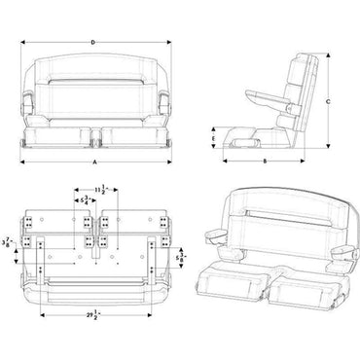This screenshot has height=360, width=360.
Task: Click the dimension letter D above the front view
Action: point(92,42)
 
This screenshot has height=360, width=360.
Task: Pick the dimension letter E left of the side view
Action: point(214,138)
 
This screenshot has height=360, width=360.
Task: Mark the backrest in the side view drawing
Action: point(305,83)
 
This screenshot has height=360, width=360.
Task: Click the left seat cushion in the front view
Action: point(64,133)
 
